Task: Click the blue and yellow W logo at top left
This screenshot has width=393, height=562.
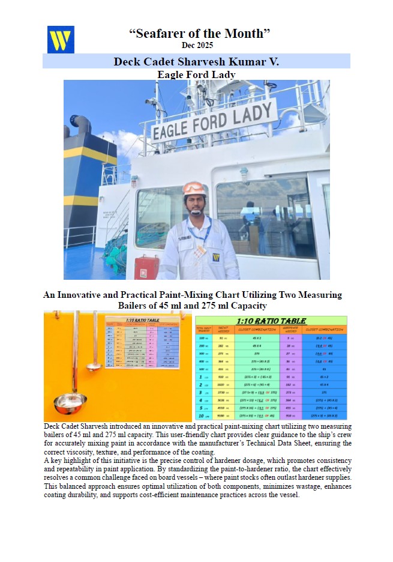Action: pos(61,40)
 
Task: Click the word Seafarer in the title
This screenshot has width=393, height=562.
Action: pos(157,34)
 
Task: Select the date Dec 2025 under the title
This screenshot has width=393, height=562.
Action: pos(197,45)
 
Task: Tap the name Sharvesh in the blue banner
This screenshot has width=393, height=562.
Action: pos(205,61)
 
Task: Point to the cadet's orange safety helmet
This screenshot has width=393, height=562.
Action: pos(194,189)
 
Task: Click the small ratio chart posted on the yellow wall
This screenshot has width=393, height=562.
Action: pos(142,342)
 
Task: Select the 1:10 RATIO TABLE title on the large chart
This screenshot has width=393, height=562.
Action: pos(271,321)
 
